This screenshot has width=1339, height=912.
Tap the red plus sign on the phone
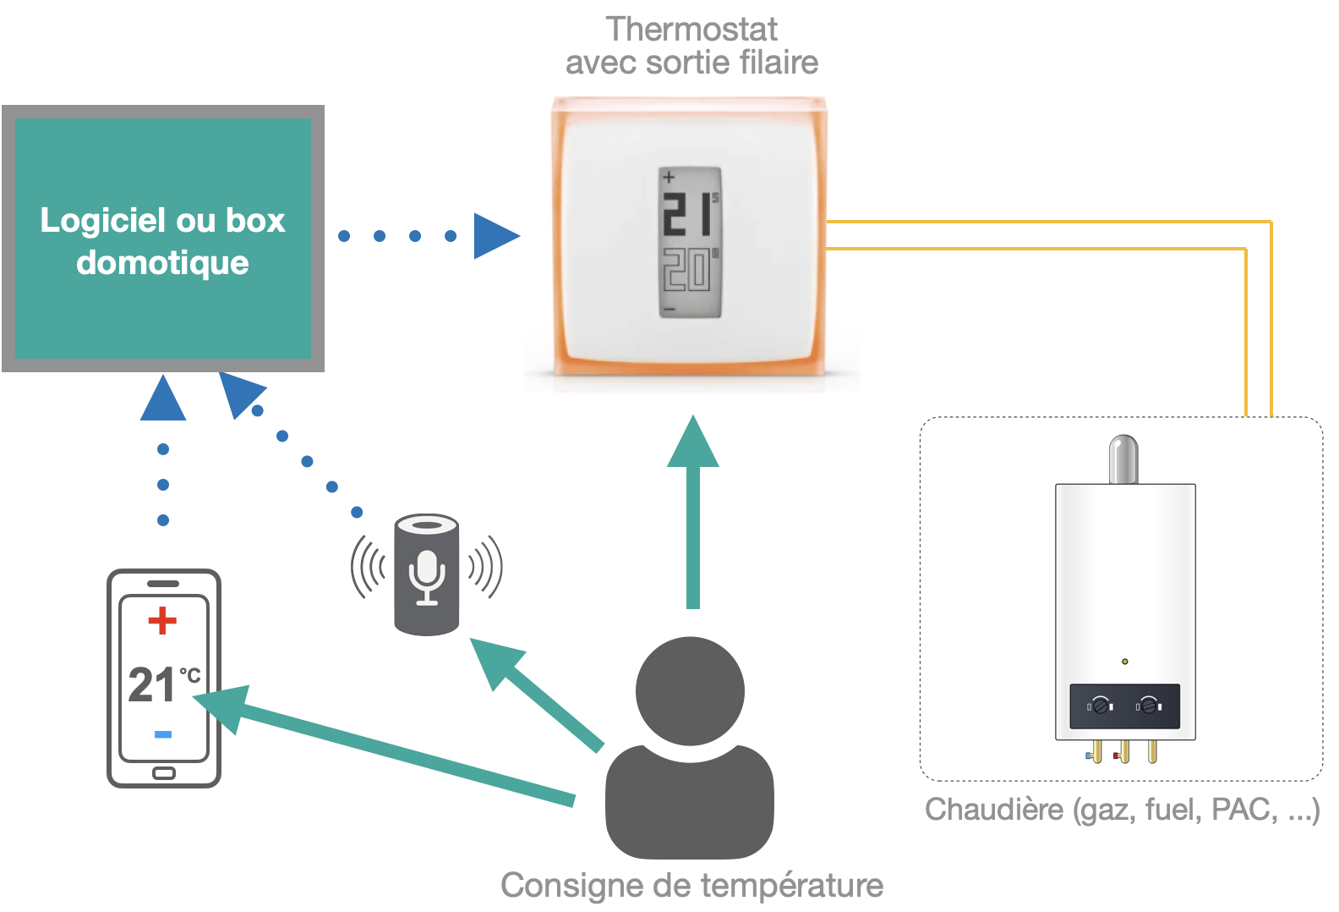tap(162, 620)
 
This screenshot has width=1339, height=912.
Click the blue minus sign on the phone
tap(163, 733)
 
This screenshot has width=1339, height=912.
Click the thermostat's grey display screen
tap(690, 243)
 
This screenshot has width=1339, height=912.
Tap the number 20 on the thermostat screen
tap(686, 271)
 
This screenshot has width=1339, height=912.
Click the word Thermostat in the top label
tap(691, 30)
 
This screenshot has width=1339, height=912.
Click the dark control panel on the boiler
tap(1124, 706)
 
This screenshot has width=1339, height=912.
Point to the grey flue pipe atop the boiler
tap(1123, 459)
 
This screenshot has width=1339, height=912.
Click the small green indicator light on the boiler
tap(1125, 661)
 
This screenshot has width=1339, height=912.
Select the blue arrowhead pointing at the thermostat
tap(495, 235)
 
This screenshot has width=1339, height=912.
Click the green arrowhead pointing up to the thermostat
tap(693, 442)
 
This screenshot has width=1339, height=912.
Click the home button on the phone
tap(163, 773)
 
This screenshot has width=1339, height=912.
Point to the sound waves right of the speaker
tap(485, 566)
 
